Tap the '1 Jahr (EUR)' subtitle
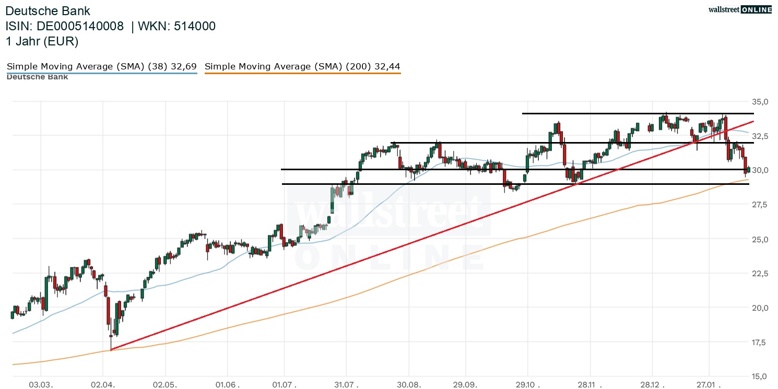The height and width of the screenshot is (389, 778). click(x=42, y=41)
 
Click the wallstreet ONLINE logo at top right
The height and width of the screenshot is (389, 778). click(x=740, y=9)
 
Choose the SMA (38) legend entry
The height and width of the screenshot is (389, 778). click(x=101, y=66)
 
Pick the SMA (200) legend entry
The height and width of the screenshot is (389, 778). click(x=303, y=66)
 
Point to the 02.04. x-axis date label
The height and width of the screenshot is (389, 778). click(x=103, y=384)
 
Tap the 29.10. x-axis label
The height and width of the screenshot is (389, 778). click(x=527, y=384)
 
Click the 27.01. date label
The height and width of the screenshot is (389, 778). click(x=710, y=384)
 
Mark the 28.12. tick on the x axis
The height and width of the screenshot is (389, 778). click(x=650, y=384)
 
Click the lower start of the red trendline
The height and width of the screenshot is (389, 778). click(x=111, y=350)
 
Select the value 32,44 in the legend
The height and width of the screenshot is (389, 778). click(x=387, y=66)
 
